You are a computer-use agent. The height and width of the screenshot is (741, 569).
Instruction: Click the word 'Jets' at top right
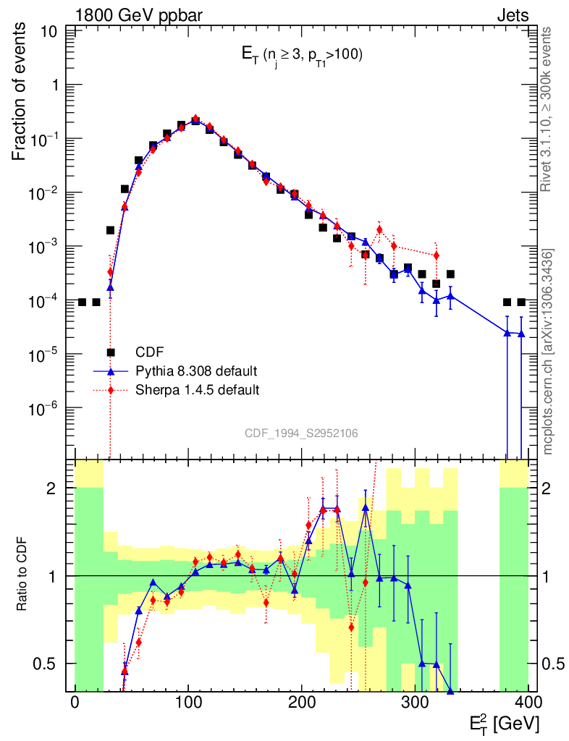[512, 14]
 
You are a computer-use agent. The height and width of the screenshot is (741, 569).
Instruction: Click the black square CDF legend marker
[111, 352]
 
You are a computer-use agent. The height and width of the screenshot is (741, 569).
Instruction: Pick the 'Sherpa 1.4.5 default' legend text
[198, 390]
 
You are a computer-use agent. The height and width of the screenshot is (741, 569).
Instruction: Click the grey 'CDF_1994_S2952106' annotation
[301, 433]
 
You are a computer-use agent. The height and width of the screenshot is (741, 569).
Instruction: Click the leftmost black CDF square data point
[82, 302]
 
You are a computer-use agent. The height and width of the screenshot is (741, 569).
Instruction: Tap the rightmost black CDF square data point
[521, 302]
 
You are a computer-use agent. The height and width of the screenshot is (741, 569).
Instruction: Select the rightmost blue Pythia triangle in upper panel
[521, 334]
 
